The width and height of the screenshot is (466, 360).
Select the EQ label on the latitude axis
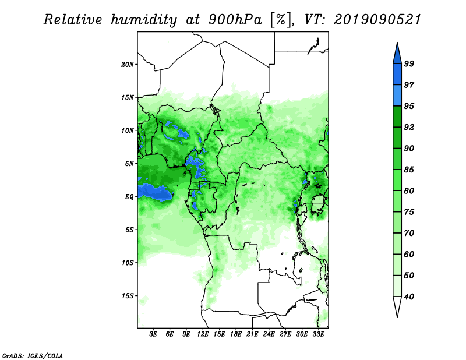pyautogui.click(x=130, y=197)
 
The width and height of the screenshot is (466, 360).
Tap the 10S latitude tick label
pyautogui.click(x=128, y=263)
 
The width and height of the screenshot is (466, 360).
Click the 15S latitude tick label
pyautogui.click(x=128, y=296)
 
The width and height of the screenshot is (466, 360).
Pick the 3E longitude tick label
pyautogui.click(x=154, y=335)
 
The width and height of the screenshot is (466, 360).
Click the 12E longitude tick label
pyautogui.click(x=203, y=335)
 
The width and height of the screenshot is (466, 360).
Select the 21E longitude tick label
pyautogui.click(x=252, y=335)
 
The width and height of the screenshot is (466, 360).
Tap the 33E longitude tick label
pyautogui.click(x=318, y=335)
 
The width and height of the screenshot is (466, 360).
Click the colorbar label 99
pyautogui.click(x=409, y=63)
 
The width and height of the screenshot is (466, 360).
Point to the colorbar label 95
pyautogui.click(x=409, y=106)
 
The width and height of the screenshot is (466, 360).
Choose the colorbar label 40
pyautogui.click(x=409, y=297)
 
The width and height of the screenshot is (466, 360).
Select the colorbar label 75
pyautogui.click(x=409, y=212)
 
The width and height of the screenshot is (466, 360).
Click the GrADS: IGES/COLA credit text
pyautogui.click(x=33, y=354)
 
